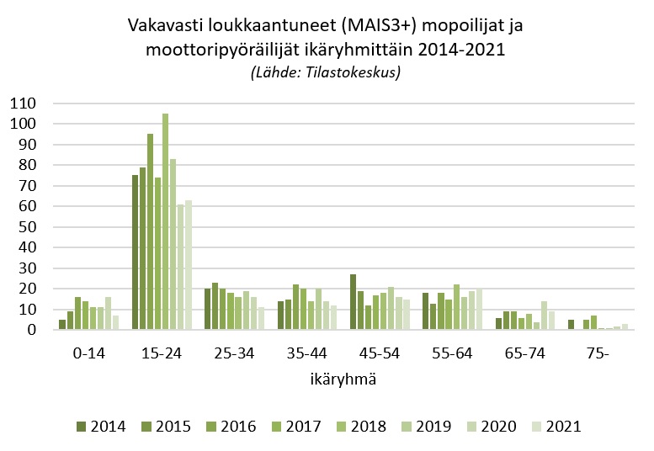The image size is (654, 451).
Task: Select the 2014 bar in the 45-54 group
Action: click(354, 302)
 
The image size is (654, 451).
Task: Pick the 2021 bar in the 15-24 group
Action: click(189, 265)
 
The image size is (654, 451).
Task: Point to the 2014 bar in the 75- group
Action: click(572, 325)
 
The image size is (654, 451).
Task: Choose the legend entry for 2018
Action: click(359, 426)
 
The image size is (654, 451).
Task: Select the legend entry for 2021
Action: click(555, 426)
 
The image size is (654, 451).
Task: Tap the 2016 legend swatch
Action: click(211, 426)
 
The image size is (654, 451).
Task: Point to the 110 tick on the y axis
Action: click(24, 103)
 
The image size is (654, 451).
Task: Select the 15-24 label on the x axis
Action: click(161, 354)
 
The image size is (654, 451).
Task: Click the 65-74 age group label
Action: click(524, 354)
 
